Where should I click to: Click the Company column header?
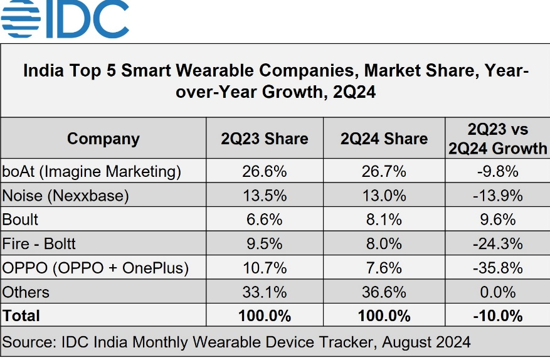[x=103, y=139]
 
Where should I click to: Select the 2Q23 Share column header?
[x=265, y=139]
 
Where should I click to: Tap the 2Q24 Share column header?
[x=384, y=139]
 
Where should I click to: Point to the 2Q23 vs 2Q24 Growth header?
[x=498, y=139]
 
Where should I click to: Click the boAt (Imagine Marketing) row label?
[x=92, y=171]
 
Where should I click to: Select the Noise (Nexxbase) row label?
[x=65, y=195]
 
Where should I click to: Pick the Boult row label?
[x=21, y=220]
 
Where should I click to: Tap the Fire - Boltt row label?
[x=40, y=243]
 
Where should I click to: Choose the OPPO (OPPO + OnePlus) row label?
[x=96, y=268]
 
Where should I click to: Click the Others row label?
[x=26, y=292]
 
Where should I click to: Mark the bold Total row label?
[x=21, y=315]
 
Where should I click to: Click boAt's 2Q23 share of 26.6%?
[x=265, y=171]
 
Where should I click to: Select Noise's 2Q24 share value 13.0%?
[x=384, y=195]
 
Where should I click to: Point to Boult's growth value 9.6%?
[x=498, y=220]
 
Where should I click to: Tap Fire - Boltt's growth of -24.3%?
[x=498, y=243]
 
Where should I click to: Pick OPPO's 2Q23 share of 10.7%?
[x=265, y=268]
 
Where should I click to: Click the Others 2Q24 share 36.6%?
[x=384, y=292]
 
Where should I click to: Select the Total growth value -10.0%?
[x=498, y=315]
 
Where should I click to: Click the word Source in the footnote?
[x=29, y=342]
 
